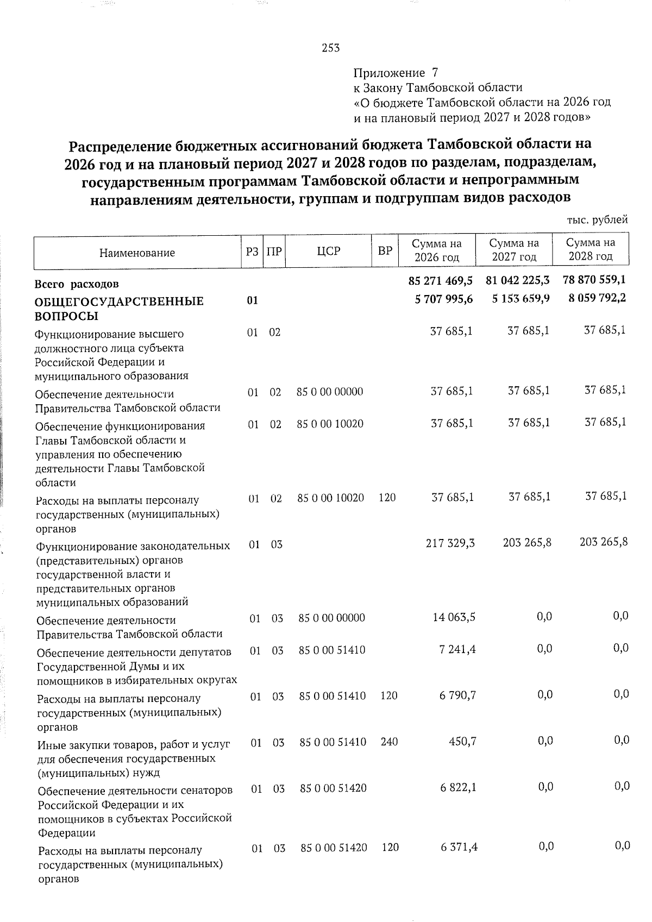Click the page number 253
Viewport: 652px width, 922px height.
coord(330,48)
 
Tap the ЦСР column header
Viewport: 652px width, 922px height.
coord(328,251)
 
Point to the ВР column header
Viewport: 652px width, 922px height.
coord(385,251)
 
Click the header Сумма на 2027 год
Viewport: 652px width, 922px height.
coord(514,250)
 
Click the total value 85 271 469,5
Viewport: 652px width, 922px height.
coord(441,281)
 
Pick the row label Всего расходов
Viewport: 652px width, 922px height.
coord(77,284)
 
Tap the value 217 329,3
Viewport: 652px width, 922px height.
coord(453,543)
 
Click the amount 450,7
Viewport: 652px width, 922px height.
coord(462,741)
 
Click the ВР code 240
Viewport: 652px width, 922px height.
coord(389,742)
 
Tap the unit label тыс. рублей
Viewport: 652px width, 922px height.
coord(597,220)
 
